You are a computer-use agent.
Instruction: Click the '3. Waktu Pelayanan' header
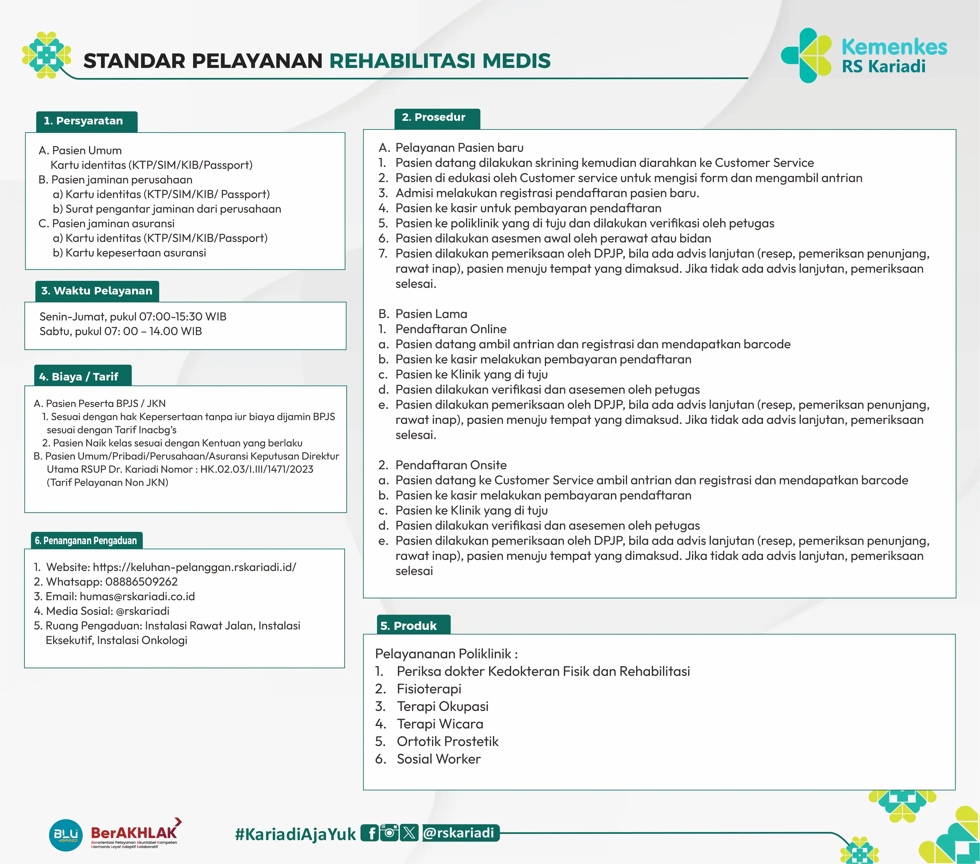point(97,291)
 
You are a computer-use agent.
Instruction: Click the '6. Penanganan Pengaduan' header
point(86,541)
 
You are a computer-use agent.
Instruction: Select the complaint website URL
point(194,567)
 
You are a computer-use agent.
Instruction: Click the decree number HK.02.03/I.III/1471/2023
point(257,469)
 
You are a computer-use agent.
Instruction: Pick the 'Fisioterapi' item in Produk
point(429,689)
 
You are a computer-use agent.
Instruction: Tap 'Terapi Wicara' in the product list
point(440,724)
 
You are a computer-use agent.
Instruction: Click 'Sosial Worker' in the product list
point(438,759)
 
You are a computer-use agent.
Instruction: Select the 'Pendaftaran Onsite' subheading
point(451,465)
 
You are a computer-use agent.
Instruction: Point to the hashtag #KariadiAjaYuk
point(295,834)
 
